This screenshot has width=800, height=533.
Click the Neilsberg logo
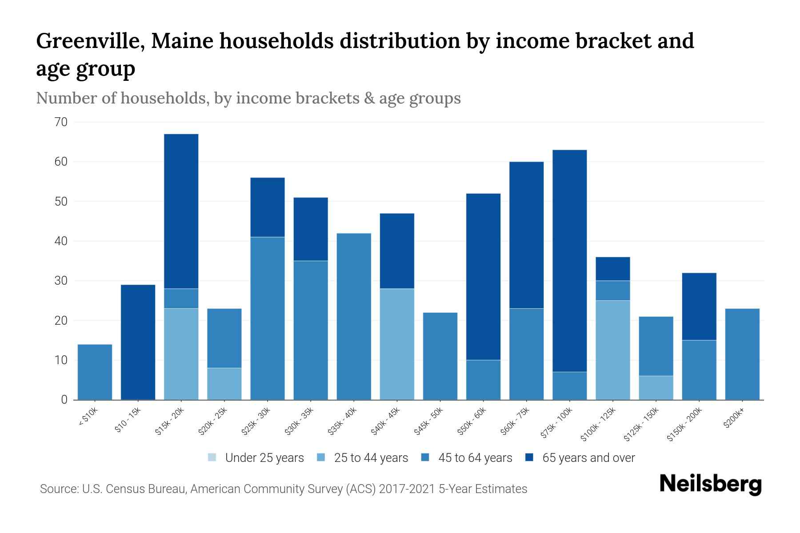[x=710, y=484]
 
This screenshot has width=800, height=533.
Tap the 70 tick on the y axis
[x=61, y=122]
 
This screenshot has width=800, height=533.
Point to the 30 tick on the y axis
[x=61, y=281]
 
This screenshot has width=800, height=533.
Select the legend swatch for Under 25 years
[x=212, y=457]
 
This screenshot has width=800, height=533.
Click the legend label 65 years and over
[x=588, y=457]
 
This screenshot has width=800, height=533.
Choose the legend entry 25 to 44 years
[x=371, y=457]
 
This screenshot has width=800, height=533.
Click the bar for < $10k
[x=95, y=372]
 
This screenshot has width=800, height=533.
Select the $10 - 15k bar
[x=138, y=342]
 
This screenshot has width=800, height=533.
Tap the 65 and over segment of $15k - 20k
[x=181, y=211]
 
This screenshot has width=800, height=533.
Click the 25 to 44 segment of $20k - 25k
[x=224, y=384]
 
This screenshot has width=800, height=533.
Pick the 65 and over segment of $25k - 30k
[x=267, y=207]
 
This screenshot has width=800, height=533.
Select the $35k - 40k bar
[x=354, y=316]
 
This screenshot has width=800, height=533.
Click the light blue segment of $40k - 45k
[x=397, y=344]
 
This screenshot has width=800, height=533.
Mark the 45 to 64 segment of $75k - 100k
[x=569, y=386]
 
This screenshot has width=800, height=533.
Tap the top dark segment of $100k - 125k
[x=612, y=269]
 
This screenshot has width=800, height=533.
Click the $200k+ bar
[x=742, y=354]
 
